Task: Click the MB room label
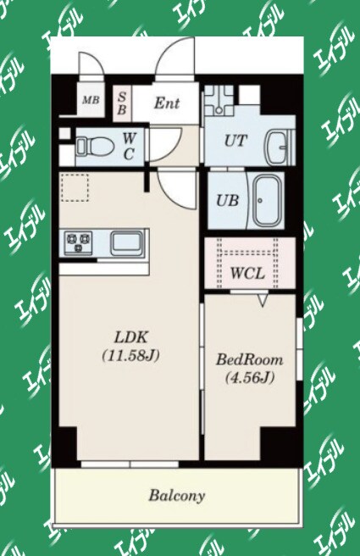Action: (x=91, y=100)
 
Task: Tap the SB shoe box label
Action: (x=121, y=103)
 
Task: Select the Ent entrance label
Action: (x=167, y=103)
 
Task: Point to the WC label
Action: (x=129, y=146)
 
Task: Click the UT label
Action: (x=235, y=141)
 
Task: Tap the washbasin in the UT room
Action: (x=280, y=147)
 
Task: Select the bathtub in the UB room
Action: (x=268, y=200)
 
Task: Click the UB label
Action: (x=227, y=201)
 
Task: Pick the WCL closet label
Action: (x=247, y=274)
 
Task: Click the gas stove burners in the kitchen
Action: (x=78, y=242)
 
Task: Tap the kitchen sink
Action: (x=127, y=243)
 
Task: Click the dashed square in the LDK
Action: (x=75, y=187)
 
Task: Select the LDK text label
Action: (x=130, y=336)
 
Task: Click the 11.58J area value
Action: (x=130, y=355)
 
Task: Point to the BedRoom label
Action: (x=250, y=359)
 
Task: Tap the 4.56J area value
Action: (x=250, y=377)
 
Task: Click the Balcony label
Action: (x=177, y=495)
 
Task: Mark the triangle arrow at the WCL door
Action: (x=263, y=300)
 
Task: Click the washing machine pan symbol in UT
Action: (x=219, y=101)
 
